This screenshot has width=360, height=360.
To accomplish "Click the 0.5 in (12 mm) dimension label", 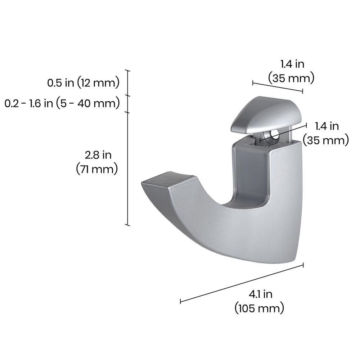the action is (84, 83).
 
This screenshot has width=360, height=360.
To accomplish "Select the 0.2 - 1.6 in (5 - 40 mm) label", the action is (62, 103).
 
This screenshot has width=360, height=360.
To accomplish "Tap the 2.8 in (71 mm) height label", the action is (97, 162).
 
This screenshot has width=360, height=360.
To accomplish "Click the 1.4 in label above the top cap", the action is (291, 71).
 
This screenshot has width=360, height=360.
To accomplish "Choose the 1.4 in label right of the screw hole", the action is (326, 133).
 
